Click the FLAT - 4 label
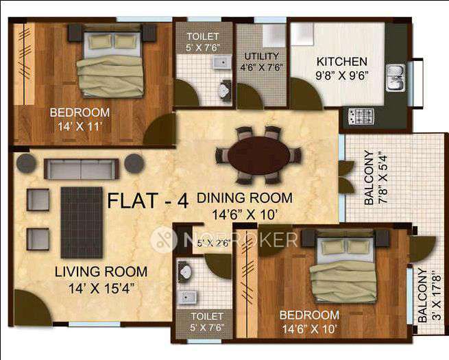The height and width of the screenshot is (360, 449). (x=147, y=202)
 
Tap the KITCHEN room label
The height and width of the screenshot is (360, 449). (x=341, y=61)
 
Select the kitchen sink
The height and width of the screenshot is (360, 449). (x=396, y=77)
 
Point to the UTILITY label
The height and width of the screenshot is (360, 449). (x=261, y=56)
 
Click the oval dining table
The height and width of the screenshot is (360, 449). (x=257, y=154)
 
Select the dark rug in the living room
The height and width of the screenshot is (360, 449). (x=82, y=223)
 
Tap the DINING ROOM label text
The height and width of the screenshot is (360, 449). (x=245, y=198)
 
